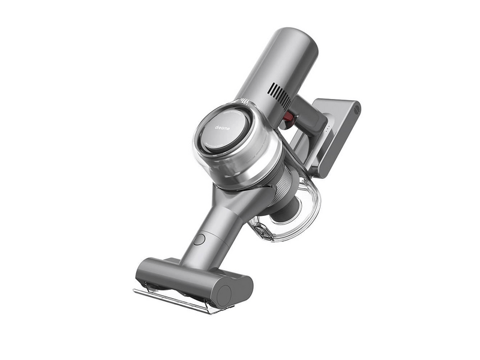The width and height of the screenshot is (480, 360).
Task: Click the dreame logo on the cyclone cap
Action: pyautogui.click(x=222, y=128)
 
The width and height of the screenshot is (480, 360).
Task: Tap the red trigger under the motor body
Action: pyautogui.click(x=288, y=118)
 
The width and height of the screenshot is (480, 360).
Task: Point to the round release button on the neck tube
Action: pyautogui.click(x=199, y=239)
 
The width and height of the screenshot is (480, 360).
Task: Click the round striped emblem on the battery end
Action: pyautogui.click(x=356, y=110)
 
